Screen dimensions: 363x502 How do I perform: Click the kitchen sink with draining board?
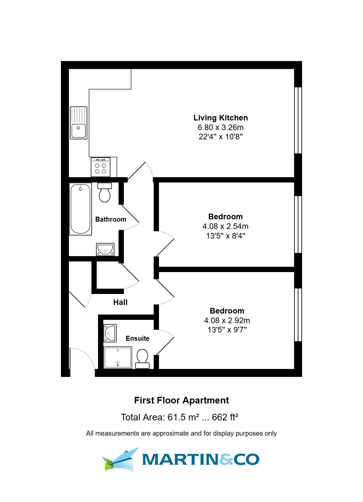[x=78, y=123]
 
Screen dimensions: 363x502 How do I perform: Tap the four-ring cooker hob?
[x=101, y=167]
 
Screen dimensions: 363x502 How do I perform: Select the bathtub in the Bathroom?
[x=80, y=209]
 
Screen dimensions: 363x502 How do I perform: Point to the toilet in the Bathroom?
[x=105, y=192]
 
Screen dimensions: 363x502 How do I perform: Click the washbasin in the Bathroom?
[x=105, y=250]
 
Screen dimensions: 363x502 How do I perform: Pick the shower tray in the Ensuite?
[x=118, y=357]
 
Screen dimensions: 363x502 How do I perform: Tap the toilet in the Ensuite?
[x=142, y=359]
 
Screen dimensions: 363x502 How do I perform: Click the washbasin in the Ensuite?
[x=110, y=333]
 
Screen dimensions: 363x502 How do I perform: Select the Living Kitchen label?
[x=221, y=118]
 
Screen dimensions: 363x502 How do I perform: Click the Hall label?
[x=120, y=302]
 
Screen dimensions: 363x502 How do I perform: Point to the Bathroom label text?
[x=111, y=219]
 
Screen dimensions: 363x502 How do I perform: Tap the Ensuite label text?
[x=137, y=338]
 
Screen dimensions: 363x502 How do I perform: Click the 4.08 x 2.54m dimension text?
[x=226, y=226]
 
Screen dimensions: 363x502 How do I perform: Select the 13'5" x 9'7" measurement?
[x=227, y=330]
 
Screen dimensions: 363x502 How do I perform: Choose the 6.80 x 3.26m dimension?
[x=221, y=127]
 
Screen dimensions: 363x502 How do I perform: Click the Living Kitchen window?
[x=298, y=120]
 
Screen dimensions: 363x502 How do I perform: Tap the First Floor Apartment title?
[x=181, y=400]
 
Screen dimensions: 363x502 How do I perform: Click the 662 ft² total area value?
[x=225, y=417]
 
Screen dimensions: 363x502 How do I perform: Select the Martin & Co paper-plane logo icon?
[x=120, y=459]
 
